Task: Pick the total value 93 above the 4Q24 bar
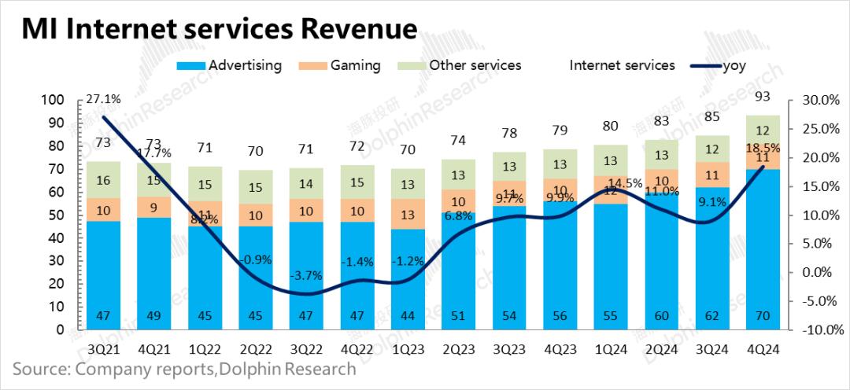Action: coord(762,97)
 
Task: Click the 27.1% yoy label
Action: coord(102,99)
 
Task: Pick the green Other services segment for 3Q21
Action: coord(102,180)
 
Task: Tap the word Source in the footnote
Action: coord(37,368)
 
